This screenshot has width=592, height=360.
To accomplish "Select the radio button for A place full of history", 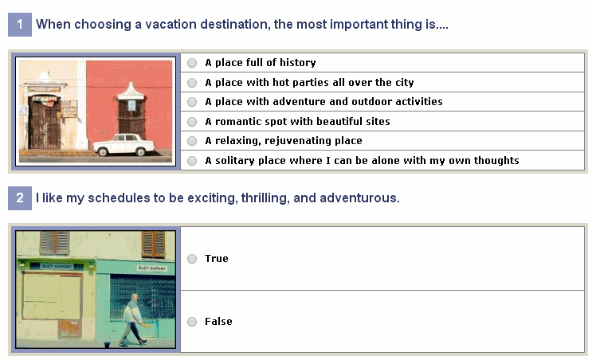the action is [x=192, y=63].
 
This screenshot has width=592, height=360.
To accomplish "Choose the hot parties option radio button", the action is [x=192, y=83].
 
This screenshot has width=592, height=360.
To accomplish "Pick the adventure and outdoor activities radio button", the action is [x=192, y=102].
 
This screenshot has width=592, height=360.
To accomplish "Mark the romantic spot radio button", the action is [x=192, y=122].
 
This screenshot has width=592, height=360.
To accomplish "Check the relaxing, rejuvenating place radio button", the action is [x=192, y=141].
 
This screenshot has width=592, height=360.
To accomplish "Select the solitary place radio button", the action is [x=192, y=161].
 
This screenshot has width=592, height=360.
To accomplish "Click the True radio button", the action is [x=192, y=259].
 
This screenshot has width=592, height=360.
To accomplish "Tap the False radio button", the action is [x=192, y=322].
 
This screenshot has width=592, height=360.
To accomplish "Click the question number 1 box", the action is [x=20, y=25].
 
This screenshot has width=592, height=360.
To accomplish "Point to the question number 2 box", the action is [x=20, y=198].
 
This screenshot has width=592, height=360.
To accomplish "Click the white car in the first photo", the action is [x=124, y=144].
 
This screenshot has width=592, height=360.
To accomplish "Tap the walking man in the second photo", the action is [x=133, y=320].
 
